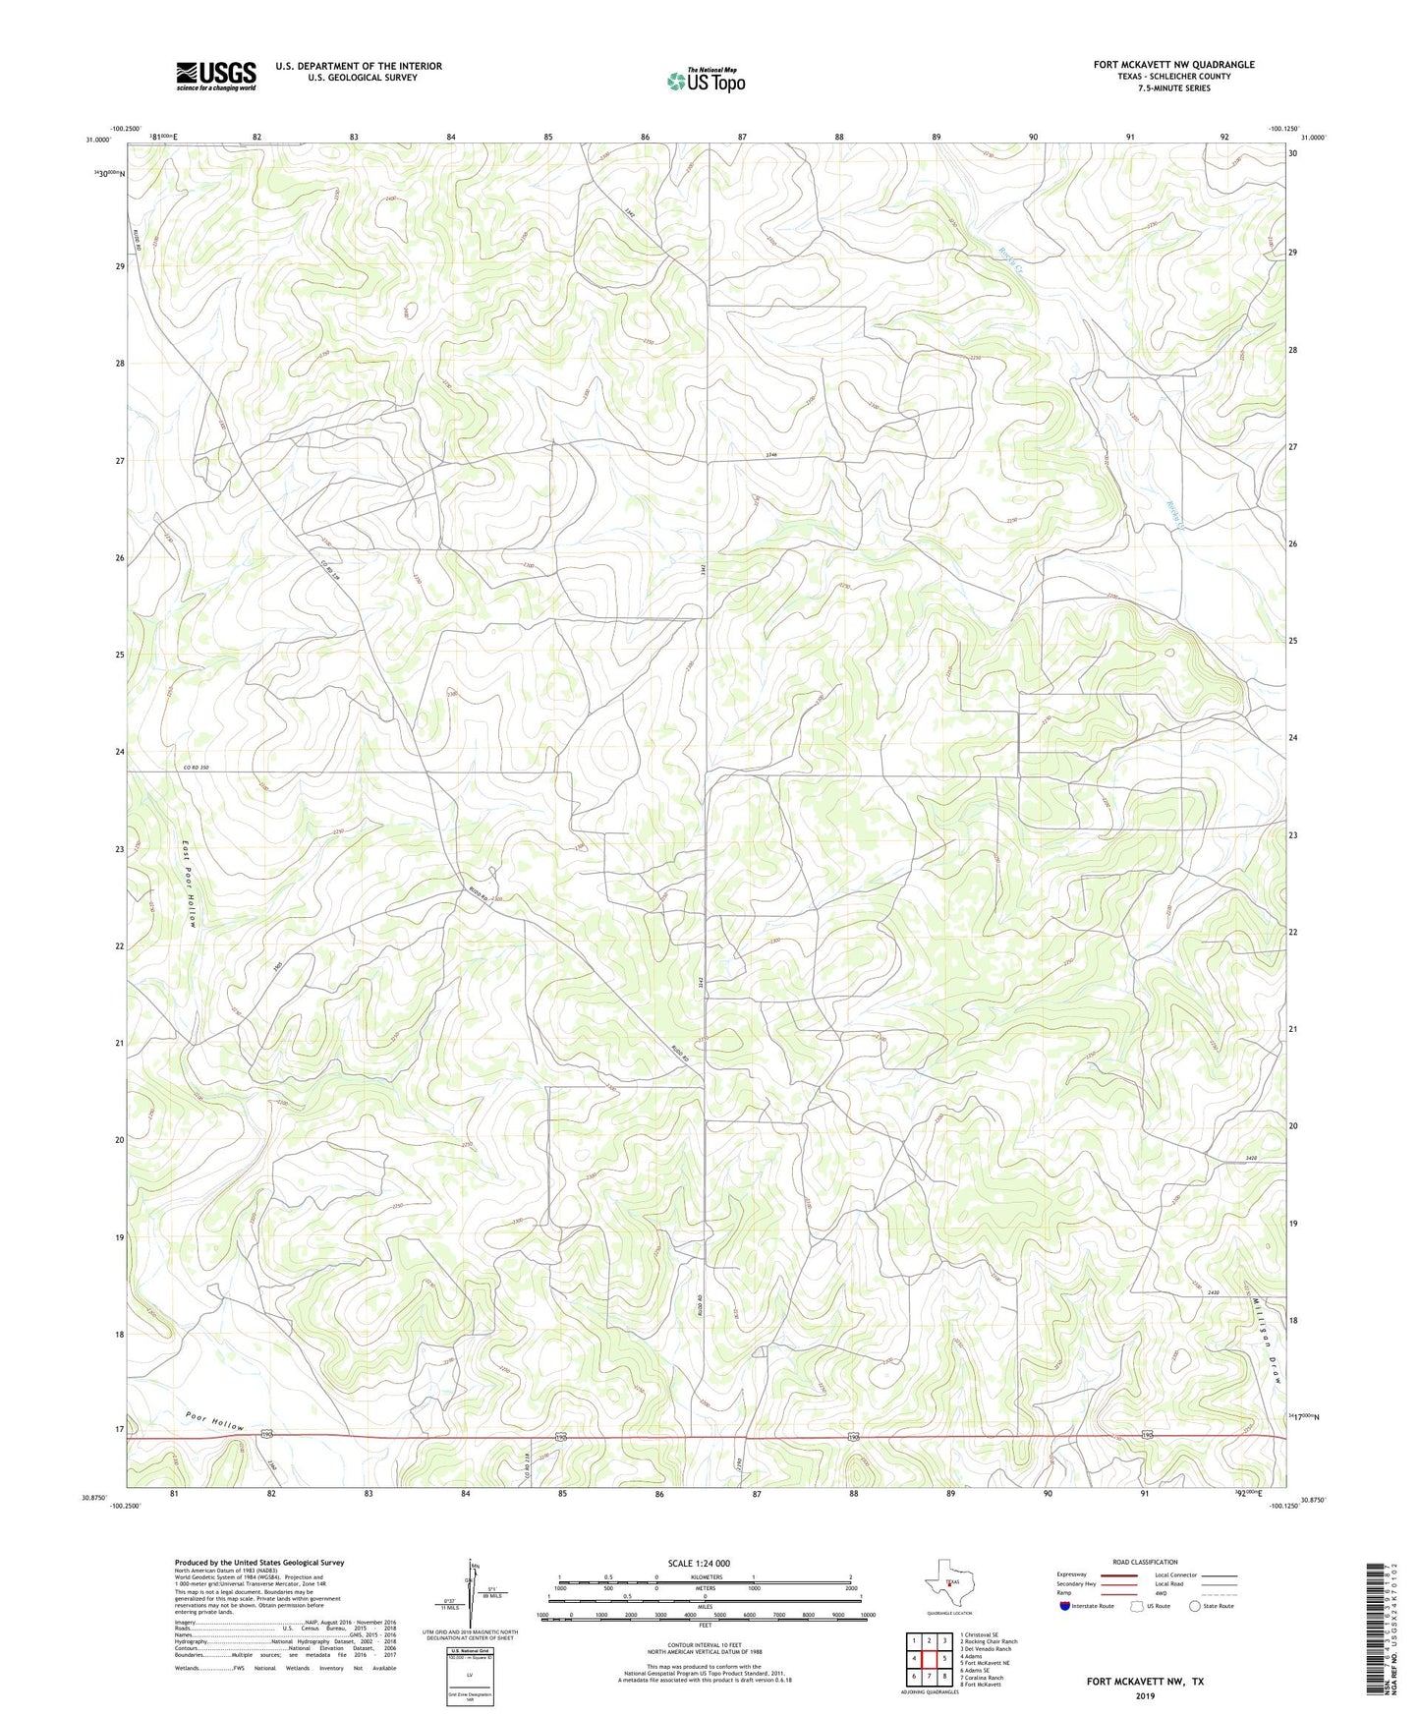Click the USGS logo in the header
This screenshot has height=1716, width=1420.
click(216, 76)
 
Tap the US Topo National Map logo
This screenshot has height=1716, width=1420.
click(705, 81)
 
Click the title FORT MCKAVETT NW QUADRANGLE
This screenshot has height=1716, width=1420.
click(1173, 65)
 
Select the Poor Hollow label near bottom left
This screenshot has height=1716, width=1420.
click(213, 1421)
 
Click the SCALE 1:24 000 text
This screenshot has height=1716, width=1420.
click(699, 1564)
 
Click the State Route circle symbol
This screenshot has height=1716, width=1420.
click(1195, 1606)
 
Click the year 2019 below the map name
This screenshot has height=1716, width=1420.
click(1144, 1695)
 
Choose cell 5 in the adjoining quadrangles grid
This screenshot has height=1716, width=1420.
click(943, 1658)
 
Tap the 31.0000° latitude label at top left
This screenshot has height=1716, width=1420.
click(97, 140)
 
